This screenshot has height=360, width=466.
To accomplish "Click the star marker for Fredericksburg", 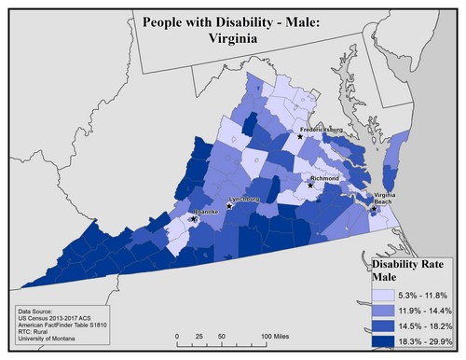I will pos(300,136).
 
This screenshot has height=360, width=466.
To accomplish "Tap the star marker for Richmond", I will pos(310,184).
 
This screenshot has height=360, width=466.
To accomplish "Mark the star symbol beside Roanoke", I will pos(194,219).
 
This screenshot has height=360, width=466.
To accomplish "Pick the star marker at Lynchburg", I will pos(229,206).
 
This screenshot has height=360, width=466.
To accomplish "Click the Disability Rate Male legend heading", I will pos(406,269).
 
